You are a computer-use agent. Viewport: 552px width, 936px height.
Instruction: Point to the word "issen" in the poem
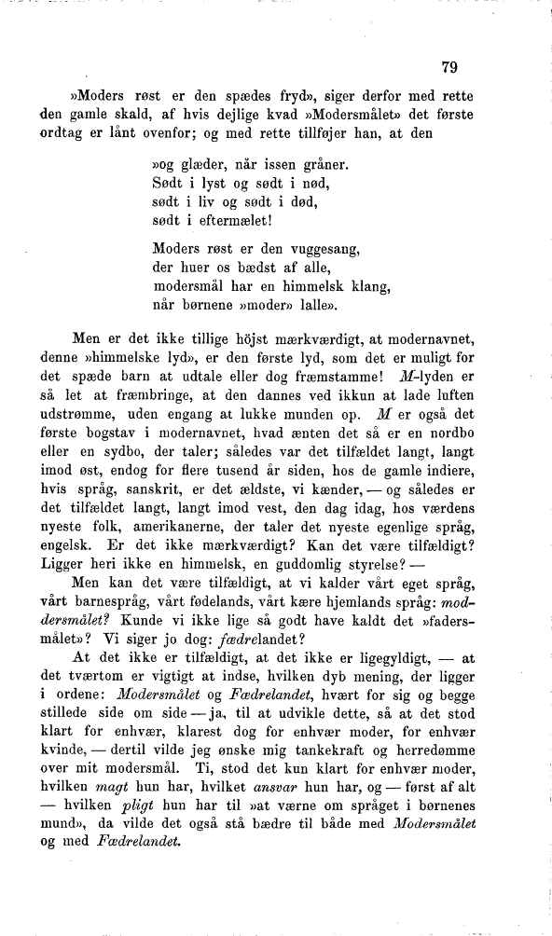point(284,166)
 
